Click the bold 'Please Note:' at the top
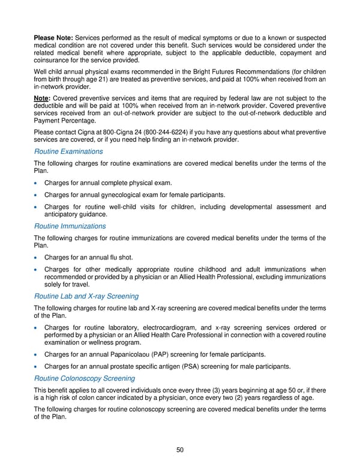53,29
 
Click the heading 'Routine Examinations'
68,151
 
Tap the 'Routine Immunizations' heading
70,226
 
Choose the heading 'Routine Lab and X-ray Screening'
86,296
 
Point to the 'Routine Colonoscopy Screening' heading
85,378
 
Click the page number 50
180,450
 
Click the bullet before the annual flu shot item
37,258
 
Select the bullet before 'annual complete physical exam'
37,183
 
